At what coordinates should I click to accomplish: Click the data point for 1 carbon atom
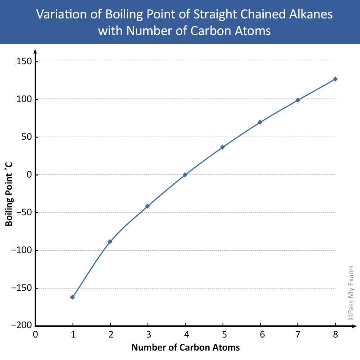click(x=72, y=297)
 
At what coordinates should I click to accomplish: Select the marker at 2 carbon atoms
click(x=110, y=242)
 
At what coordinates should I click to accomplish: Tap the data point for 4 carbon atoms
click(x=185, y=175)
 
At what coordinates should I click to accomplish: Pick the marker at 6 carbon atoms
click(x=260, y=122)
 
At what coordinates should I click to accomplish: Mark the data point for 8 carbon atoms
click(x=335, y=79)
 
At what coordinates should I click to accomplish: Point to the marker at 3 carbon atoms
click(x=147, y=206)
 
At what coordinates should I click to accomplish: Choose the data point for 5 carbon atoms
click(x=222, y=147)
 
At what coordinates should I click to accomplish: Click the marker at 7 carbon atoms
click(x=297, y=100)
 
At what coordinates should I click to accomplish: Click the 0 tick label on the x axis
click(x=35, y=334)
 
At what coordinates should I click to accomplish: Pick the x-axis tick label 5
click(x=222, y=334)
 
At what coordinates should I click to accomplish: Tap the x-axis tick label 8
click(x=335, y=334)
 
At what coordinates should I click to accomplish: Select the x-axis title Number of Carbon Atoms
click(x=185, y=347)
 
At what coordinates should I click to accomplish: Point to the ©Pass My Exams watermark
click(x=351, y=292)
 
